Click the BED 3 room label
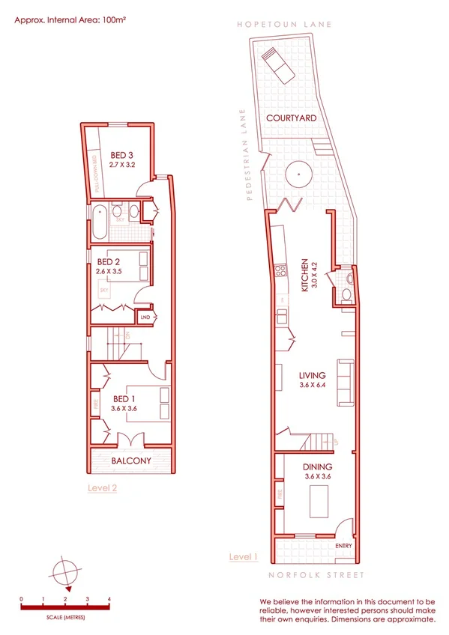coord(115,156)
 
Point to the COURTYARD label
coord(292,118)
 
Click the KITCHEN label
coord(304,273)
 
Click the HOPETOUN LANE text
coord(284,24)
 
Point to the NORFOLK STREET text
coord(316,575)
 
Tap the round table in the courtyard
coord(300,174)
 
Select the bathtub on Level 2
coord(99,221)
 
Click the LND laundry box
coord(145,317)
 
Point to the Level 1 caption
coord(243,557)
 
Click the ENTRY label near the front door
coord(344,546)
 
